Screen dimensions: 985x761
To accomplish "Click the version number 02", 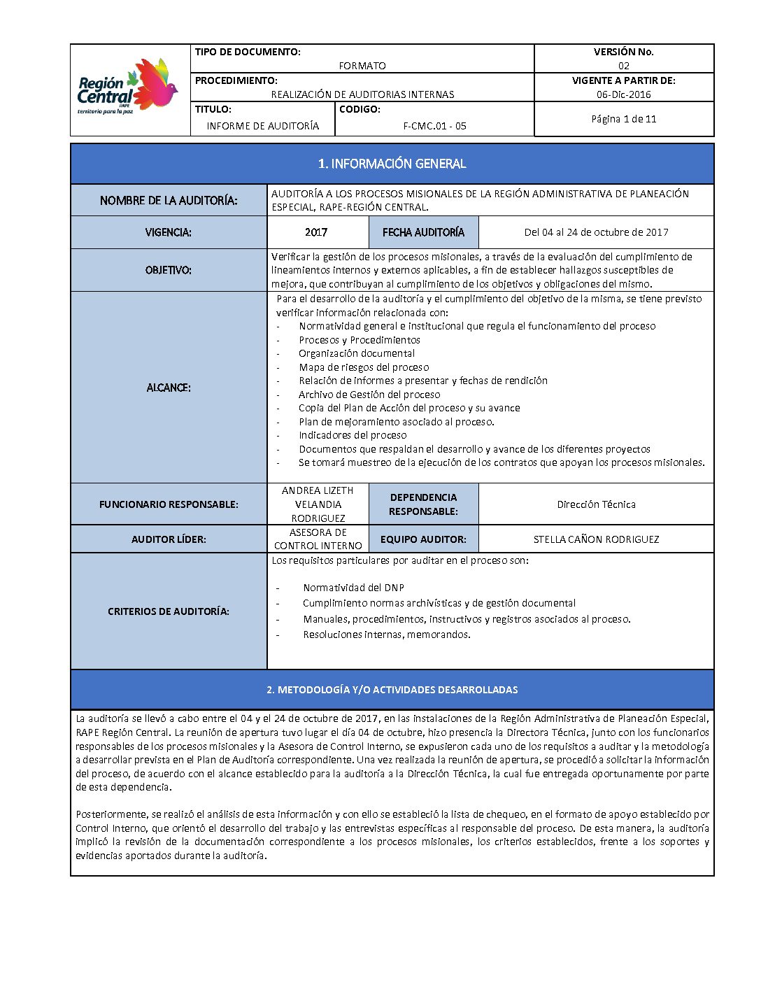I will pos(623,66).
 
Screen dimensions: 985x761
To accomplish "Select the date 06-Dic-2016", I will pos(623,94).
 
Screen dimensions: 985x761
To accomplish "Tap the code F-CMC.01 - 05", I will pos(434,126).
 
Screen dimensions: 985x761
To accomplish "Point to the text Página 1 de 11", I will pos(623,119).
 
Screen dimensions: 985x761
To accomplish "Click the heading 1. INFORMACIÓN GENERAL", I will pos(392,164).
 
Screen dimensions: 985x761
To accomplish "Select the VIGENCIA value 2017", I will pos(316,232).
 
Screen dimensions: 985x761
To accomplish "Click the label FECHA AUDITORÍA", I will pos(423,232).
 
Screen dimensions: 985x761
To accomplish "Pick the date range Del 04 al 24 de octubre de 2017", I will pos(596,232).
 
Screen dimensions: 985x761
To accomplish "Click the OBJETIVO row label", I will pos(169,270).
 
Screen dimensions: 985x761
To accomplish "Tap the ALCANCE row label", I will pos(169,388).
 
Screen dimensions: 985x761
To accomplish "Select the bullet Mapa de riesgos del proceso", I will pos(364,367).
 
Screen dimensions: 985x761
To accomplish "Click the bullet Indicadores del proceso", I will pos(353,435).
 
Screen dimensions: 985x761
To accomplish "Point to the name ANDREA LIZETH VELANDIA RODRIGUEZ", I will pos(318,504).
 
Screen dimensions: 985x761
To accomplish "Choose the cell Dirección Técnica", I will pos(596,504).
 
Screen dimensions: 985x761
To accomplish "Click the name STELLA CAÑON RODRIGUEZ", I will pos(596,539).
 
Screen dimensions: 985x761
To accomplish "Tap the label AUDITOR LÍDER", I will pos(169,539).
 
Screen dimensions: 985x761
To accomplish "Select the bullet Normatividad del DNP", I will pos(353,588).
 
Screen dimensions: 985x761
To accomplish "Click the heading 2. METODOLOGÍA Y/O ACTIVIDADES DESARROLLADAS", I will pos(392,690).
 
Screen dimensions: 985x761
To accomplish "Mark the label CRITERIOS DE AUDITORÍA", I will pos(169,611).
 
